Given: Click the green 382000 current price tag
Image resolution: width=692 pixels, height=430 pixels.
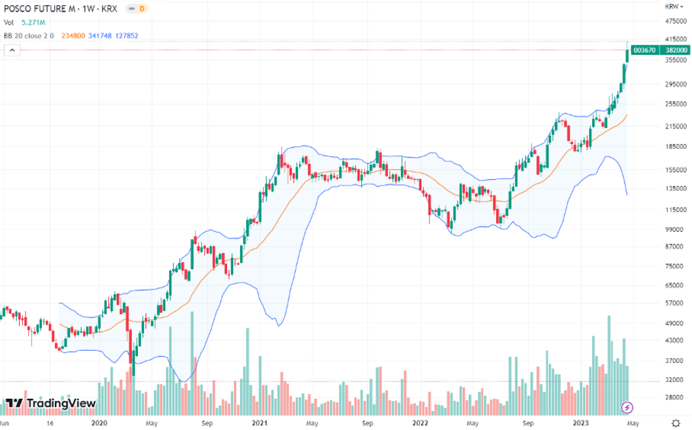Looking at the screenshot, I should [676, 50].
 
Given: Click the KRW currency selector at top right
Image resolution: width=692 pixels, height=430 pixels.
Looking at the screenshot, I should [672, 6].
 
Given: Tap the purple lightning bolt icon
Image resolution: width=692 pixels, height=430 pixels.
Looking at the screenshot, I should [627, 407].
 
